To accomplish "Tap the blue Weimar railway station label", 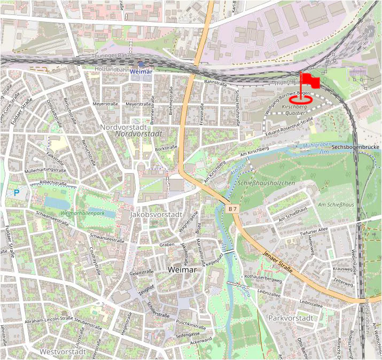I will [141, 71].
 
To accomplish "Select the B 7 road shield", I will [232, 209].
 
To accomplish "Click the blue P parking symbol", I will [17, 192].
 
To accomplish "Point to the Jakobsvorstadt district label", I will [157, 214].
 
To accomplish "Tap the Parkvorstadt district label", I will [291, 318].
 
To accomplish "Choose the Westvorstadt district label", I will [63, 352].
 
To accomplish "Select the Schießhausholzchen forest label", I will [267, 184].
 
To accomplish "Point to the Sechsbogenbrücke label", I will [355, 147].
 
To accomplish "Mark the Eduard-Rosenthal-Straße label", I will [289, 127].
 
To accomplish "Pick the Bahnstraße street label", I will [216, 83].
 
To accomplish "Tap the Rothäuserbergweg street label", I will [262, 278].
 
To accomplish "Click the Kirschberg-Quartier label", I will [295, 110].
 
